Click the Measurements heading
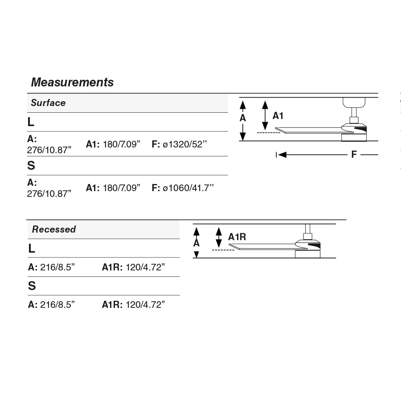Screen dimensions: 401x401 [72, 82]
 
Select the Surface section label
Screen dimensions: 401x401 [48, 103]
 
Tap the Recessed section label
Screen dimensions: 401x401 [54, 229]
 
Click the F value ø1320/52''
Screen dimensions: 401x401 [180, 144]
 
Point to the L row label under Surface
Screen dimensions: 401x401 [31, 122]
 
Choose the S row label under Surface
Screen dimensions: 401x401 [31, 166]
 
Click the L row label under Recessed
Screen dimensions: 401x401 [32, 249]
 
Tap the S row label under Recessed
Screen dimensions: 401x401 [32, 286]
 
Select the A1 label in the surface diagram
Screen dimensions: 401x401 [278, 116]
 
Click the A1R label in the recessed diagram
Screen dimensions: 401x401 [237, 237]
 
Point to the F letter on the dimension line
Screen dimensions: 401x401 [354, 155]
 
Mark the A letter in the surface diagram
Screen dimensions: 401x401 [243, 118]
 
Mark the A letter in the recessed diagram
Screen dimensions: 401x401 [196, 243]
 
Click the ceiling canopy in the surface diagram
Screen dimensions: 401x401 [354, 102]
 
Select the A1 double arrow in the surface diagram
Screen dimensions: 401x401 [265, 115]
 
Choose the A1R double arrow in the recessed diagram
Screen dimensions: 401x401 [218, 237]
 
